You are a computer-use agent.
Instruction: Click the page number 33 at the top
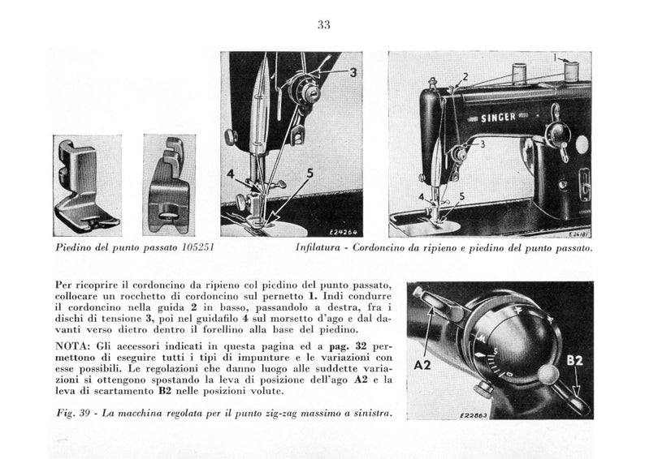tap(323, 24)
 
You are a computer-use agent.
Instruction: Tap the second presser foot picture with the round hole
tap(169, 184)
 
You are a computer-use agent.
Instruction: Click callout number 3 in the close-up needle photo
tap(353, 72)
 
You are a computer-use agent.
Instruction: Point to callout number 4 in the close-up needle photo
tap(231, 174)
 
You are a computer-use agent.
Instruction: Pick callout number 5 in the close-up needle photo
tap(310, 173)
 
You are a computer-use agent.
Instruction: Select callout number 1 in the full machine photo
tap(556, 58)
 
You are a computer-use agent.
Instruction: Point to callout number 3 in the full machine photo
tap(482, 144)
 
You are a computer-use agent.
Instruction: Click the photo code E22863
tap(446, 414)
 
